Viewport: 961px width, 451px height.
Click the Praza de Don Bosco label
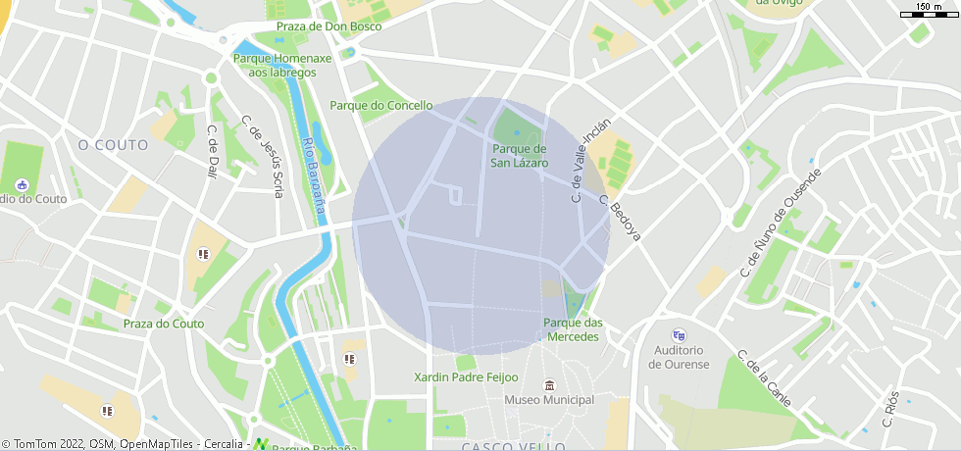329,26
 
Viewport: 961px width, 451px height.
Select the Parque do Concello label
380,105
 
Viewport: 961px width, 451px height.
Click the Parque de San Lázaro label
519,156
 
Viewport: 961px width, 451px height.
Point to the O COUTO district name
113,145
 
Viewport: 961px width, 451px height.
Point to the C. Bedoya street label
624,220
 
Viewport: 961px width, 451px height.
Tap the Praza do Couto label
163,324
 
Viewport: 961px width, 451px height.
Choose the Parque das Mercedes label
573,329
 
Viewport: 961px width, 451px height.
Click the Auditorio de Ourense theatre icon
678,335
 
